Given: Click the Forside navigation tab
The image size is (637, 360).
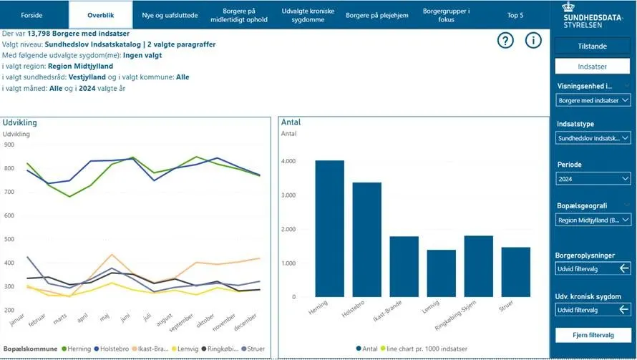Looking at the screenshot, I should [31, 15].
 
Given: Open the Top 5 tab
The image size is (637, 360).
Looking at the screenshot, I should [515, 15].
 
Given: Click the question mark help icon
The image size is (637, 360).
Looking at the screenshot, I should [506, 41].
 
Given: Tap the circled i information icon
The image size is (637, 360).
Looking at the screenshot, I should [533, 41].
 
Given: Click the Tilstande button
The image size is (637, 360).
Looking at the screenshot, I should [592, 46].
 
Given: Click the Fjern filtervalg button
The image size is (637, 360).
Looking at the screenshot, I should [593, 335].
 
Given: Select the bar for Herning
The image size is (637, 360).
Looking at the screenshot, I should [330, 228].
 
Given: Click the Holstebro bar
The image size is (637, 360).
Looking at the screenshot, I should [367, 239].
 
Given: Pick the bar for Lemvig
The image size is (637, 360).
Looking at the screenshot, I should [442, 273].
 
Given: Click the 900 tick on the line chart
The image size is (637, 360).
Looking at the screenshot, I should [9, 145].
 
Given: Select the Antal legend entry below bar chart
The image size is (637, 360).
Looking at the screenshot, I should [369, 349].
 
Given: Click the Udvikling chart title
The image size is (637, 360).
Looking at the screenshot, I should [20, 122].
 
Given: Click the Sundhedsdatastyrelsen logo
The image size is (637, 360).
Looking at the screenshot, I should [592, 15].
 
